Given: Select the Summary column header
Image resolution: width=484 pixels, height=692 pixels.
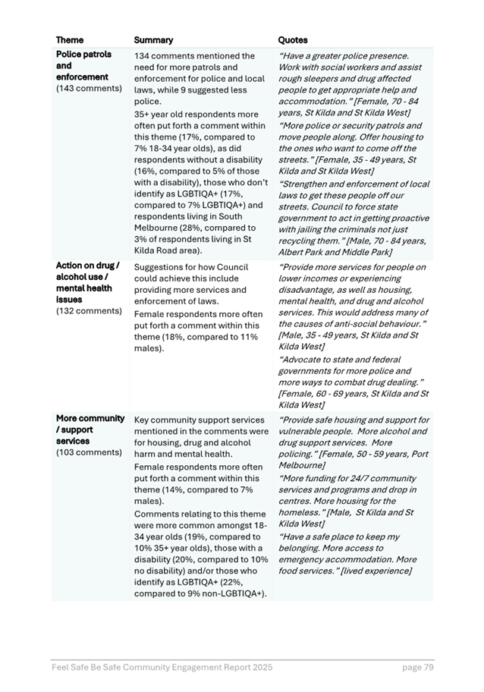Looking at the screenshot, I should pyautogui.click(x=153, y=39).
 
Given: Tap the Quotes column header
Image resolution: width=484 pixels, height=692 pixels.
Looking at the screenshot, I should pyautogui.click(x=293, y=39).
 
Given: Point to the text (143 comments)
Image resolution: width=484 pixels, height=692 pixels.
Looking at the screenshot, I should pyautogui.click(x=89, y=89).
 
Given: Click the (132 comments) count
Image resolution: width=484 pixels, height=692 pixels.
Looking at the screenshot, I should pyautogui.click(x=89, y=311).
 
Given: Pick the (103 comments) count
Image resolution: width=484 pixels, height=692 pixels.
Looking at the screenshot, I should pyautogui.click(x=89, y=452).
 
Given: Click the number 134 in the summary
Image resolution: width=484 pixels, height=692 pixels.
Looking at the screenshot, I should pyautogui.click(x=143, y=56).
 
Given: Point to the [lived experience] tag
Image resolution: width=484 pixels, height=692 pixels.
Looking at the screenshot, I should pyautogui.click(x=376, y=571).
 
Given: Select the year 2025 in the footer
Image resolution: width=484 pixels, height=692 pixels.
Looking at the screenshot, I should pyautogui.click(x=259, y=667).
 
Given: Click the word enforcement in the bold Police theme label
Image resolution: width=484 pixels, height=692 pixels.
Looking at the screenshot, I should pyautogui.click(x=82, y=77).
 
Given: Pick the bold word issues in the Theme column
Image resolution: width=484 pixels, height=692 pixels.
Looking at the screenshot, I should pyautogui.click(x=69, y=300).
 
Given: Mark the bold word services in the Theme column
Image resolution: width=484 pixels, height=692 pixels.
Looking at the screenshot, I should pyautogui.click(x=73, y=441).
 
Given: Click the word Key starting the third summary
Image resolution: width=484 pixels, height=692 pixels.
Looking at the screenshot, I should pyautogui.click(x=143, y=420).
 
